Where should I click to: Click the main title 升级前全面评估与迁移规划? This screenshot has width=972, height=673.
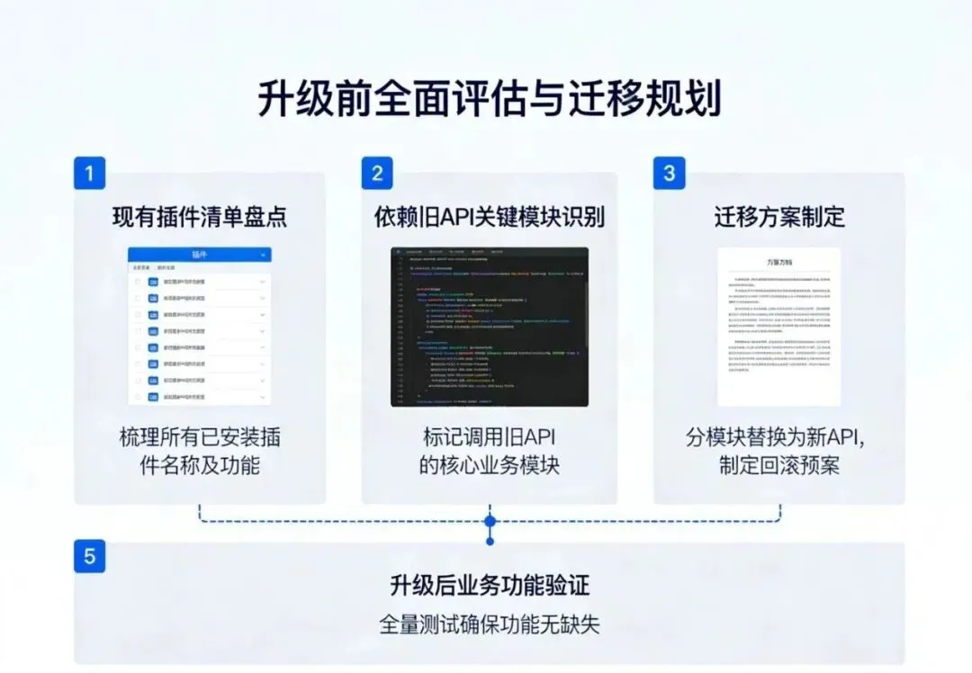click(x=489, y=99)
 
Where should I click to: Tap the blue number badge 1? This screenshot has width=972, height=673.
click(x=89, y=172)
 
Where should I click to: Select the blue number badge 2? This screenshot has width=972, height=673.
click(x=377, y=172)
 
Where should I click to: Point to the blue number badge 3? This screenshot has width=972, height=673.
click(x=669, y=172)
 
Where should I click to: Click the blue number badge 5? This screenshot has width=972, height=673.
click(x=89, y=556)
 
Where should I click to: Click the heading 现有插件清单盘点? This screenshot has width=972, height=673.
click(x=200, y=217)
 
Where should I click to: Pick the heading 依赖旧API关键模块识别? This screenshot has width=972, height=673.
click(x=489, y=217)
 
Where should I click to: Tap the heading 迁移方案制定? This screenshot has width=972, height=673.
click(x=779, y=217)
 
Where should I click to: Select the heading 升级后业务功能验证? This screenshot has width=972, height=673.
click(x=489, y=587)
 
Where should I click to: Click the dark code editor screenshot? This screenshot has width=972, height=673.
click(x=489, y=327)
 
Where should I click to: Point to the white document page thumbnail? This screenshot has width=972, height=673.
click(x=779, y=327)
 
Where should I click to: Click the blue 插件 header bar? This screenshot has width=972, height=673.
click(x=199, y=255)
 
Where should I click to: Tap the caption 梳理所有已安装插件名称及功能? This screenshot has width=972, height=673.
click(x=200, y=451)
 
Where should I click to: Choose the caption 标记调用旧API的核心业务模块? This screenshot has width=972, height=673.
click(x=489, y=451)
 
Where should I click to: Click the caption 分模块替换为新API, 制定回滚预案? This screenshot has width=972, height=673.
click(x=779, y=451)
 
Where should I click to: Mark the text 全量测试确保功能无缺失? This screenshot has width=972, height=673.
click(x=489, y=624)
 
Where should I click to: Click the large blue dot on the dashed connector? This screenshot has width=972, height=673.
click(x=490, y=521)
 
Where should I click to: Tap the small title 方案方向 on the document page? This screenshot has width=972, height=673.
click(x=779, y=262)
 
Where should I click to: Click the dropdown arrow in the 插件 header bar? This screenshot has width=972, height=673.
click(x=263, y=255)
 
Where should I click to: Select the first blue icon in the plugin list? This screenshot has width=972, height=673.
click(x=153, y=283)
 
